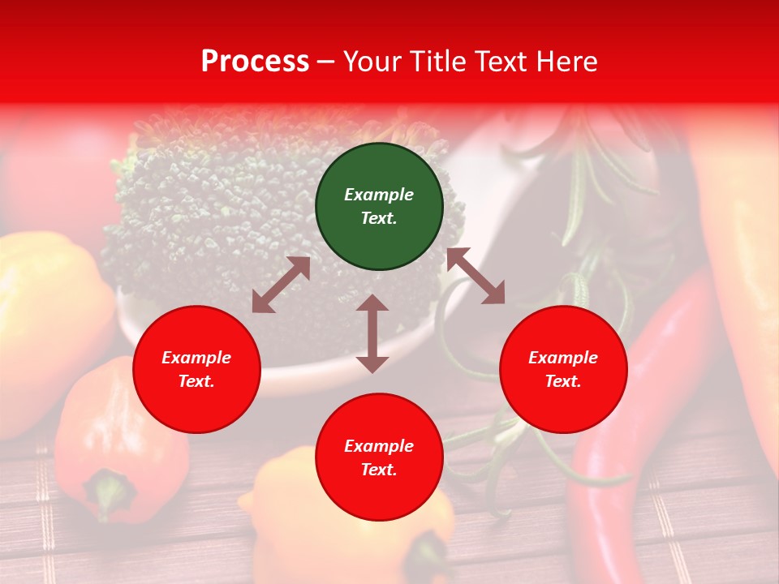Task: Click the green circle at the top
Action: click(379, 207)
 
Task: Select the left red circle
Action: click(196, 370)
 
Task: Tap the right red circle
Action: click(563, 370)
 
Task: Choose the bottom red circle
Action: click(379, 457)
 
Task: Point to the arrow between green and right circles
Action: click(476, 276)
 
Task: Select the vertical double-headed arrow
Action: click(372, 333)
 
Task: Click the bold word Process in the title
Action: click(255, 62)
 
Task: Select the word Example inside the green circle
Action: click(379, 195)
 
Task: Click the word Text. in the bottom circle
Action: click(379, 470)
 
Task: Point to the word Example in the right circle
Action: click(563, 358)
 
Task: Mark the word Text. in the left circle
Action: click(196, 381)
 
